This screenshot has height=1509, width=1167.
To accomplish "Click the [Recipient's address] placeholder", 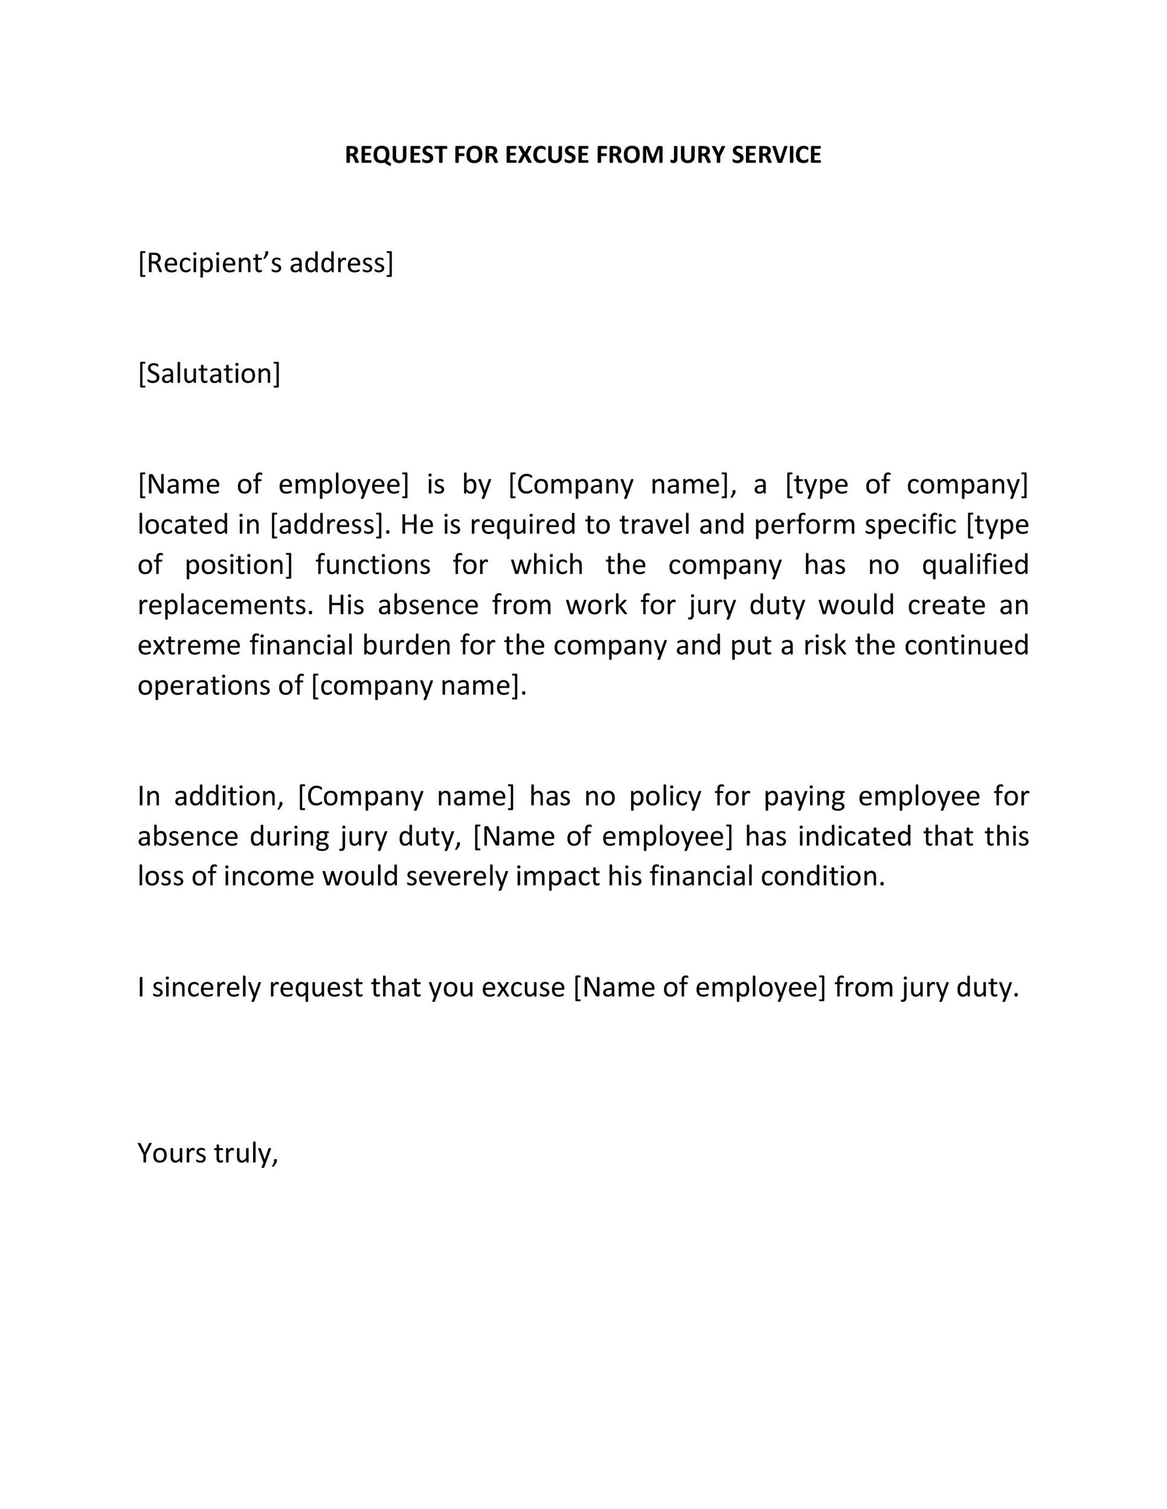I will [x=266, y=263].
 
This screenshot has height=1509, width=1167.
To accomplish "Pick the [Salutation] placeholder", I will [x=209, y=374].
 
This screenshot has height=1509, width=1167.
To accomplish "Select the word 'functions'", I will [x=373, y=564].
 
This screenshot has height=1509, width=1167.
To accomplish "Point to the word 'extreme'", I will [x=188, y=645].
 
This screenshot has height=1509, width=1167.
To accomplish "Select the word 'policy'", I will [x=664, y=796].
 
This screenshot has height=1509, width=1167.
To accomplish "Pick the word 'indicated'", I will [x=856, y=836].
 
